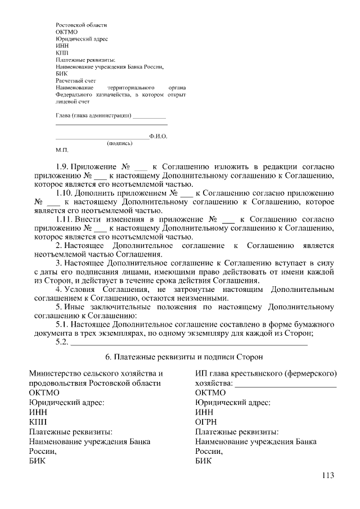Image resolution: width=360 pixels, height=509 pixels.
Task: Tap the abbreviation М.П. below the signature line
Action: click(62, 151)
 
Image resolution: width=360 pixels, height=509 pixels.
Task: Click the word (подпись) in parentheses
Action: click(119, 143)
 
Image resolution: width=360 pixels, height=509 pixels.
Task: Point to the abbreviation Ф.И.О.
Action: click(159, 136)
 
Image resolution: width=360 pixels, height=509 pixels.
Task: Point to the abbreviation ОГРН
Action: click(206, 421)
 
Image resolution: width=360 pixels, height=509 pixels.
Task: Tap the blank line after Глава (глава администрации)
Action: click(149, 118)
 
